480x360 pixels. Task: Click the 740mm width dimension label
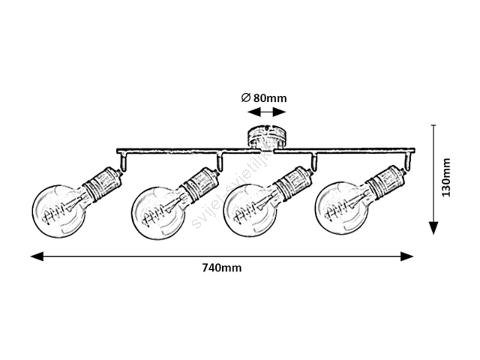pyautogui.click(x=222, y=268)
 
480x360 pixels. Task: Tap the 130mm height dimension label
pyautogui.click(x=446, y=177)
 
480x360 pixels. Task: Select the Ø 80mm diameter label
pyautogui.click(x=264, y=98)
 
